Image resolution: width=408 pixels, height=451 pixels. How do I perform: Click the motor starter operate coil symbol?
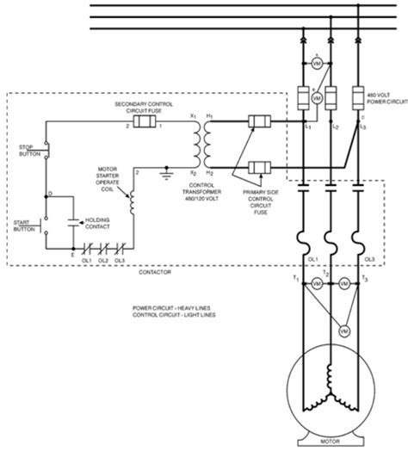tap(133, 204)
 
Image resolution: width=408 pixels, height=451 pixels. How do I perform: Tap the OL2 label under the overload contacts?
tap(102, 259)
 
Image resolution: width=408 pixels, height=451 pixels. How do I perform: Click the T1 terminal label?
tap(295, 280)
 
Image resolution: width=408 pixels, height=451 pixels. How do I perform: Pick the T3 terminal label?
tap(366, 281)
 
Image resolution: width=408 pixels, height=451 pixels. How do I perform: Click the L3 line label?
tap(364, 126)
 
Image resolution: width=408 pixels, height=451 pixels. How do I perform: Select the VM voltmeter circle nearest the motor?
tap(344, 330)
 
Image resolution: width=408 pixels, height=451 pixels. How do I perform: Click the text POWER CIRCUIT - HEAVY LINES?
tap(174, 307)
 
